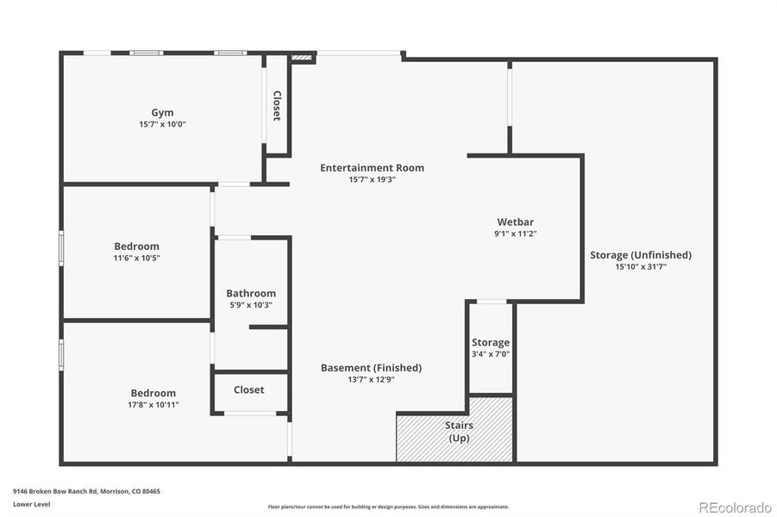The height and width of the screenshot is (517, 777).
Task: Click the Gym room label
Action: pos(162,112)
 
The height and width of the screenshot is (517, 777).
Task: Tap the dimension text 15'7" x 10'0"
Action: pos(162,124)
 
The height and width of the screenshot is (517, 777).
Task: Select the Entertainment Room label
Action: pos(372,168)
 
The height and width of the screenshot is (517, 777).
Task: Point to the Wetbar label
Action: pos(515,221)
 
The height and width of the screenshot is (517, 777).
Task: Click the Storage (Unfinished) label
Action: pos(640,255)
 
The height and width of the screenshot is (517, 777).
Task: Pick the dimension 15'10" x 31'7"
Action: pos(640,267)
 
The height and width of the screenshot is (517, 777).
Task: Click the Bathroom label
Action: pos(251,293)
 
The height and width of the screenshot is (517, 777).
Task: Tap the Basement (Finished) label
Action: pos(371,368)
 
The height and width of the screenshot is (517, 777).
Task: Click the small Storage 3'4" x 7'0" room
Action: pos(490,347)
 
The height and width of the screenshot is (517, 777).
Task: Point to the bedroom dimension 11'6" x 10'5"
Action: pos(136,258)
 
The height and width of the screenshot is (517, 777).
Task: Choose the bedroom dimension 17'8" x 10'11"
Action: pos(153,404)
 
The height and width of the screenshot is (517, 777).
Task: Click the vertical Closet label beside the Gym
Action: pos(277,106)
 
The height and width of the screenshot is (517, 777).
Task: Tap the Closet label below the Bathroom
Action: pos(248,389)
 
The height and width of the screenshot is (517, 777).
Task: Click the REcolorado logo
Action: pos(735,507)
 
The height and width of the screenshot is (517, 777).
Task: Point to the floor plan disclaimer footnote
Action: pos(388,507)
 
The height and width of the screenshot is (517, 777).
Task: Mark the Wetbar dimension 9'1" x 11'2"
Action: pos(515,234)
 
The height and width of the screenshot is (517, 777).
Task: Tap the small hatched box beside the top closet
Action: pos(302,58)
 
